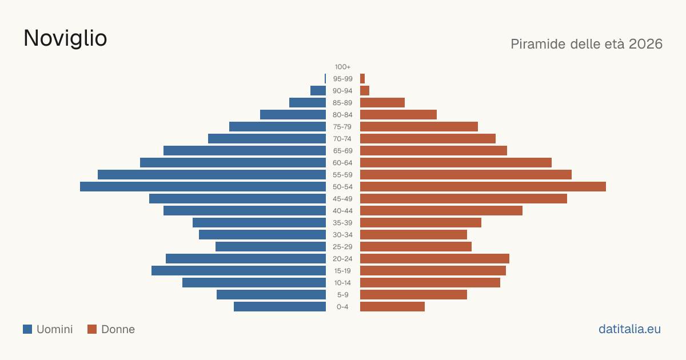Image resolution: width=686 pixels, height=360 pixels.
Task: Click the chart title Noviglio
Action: pyautogui.click(x=65, y=38)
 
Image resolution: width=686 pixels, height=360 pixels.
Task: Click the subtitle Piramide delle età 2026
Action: pyautogui.click(x=587, y=44)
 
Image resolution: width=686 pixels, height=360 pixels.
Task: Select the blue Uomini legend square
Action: pyautogui.click(x=27, y=329)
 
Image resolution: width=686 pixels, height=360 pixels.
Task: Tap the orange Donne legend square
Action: pyautogui.click(x=92, y=329)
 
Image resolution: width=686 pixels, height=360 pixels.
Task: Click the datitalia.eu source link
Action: pyautogui.click(x=629, y=329)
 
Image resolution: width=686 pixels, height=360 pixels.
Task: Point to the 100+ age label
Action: pyautogui.click(x=342, y=67)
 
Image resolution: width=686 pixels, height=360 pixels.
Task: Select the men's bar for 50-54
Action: pyautogui.click(x=203, y=187)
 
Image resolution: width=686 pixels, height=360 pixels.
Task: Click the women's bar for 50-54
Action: pyautogui.click(x=483, y=187)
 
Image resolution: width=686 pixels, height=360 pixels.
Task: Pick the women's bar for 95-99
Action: pyautogui.click(x=362, y=79)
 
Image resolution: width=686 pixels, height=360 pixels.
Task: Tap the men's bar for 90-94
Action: pyautogui.click(x=318, y=91)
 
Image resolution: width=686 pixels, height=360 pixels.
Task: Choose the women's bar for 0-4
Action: pyautogui.click(x=392, y=307)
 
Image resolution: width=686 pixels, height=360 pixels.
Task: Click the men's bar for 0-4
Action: pyautogui.click(x=280, y=307)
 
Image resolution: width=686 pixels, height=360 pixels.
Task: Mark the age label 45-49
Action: pyautogui.click(x=342, y=199)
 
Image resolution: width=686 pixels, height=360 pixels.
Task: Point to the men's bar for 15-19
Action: pyautogui.click(x=238, y=271)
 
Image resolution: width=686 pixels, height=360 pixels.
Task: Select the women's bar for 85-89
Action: pyautogui.click(x=382, y=102)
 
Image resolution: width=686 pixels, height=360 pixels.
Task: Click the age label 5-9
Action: pyautogui.click(x=342, y=295)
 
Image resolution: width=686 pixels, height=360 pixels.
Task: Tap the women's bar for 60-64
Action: pyautogui.click(x=456, y=162)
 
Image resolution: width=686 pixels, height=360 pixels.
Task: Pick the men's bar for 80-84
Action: pyautogui.click(x=293, y=114)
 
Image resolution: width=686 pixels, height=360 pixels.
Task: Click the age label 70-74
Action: pyautogui.click(x=342, y=139)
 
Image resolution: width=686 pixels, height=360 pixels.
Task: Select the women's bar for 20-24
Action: pyautogui.click(x=434, y=259)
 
